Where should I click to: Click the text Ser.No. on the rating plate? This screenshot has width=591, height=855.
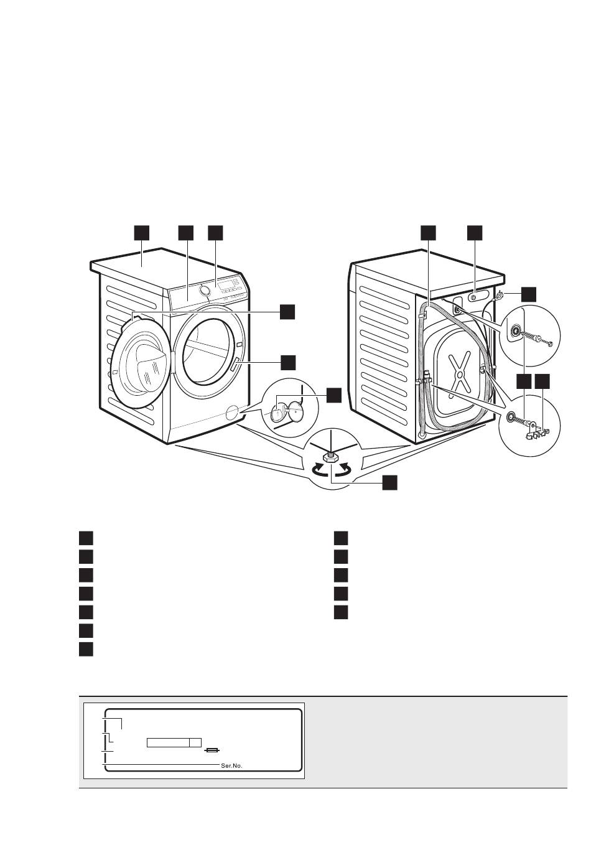pos(231,766)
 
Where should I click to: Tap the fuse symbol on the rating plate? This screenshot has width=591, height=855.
pos(214,751)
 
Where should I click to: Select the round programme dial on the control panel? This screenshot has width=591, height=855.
pos(203,291)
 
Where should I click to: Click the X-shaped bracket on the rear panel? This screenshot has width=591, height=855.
pos(458,372)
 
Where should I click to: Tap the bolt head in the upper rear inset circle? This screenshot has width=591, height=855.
pos(549,342)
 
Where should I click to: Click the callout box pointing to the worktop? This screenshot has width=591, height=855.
pos(142,232)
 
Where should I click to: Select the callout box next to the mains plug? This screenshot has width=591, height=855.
pos(528,294)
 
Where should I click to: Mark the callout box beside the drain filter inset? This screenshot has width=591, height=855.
pos(334,394)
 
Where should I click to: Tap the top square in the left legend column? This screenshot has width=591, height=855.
pos(86,538)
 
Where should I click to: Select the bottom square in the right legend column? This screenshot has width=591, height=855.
pos(340,612)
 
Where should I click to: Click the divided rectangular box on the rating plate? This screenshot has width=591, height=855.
pos(174,742)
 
